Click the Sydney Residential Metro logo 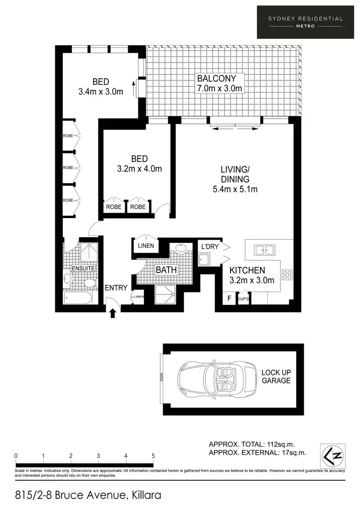pos(305,22)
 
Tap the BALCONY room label pos(221,78)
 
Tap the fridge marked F pos(229,298)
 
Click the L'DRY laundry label pos(210,246)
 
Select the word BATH pos(167,270)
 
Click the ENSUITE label pos(83,268)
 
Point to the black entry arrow pos(113,313)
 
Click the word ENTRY pos(116,288)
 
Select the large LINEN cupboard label pos(146,246)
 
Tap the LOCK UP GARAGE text pos(276,376)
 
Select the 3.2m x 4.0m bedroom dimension pos(139,169)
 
